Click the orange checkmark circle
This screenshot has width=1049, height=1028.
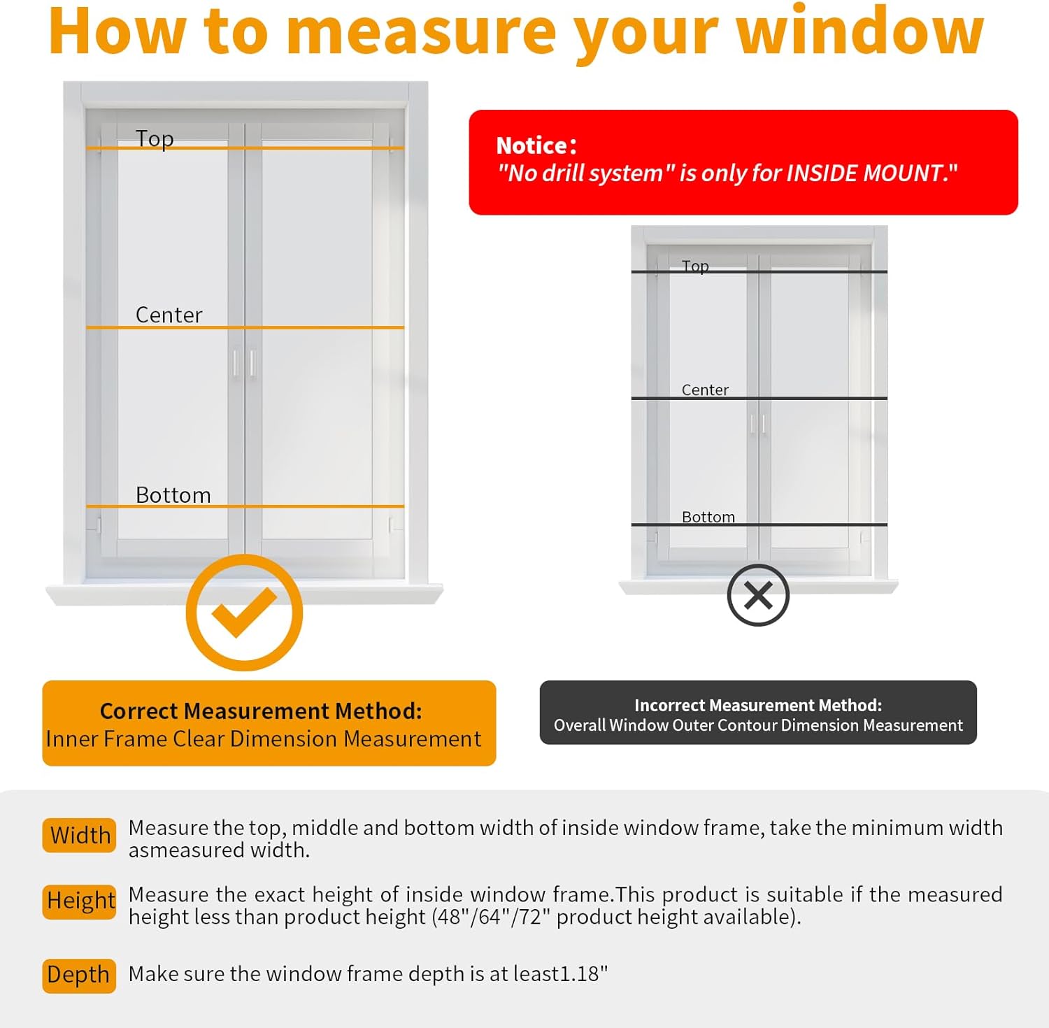pos(244,613)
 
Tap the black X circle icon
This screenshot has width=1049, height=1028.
pos(758,595)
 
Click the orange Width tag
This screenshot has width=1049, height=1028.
pos(80,835)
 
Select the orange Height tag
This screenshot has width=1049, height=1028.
pos(80,901)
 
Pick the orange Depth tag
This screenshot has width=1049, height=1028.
pos(78,975)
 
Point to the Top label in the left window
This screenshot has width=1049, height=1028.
pos(155,138)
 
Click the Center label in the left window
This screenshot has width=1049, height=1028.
pos(169,315)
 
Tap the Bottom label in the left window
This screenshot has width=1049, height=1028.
pos(173,494)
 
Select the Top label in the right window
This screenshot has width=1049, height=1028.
pos(695,266)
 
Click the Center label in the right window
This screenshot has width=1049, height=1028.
pos(705,390)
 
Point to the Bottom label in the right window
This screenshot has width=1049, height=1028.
pos(708,517)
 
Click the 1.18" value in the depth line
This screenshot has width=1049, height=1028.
pos(584,973)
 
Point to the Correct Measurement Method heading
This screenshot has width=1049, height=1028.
pos(261,711)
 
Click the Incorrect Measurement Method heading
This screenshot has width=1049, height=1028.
pos(757,705)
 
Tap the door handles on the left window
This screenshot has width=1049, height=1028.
pos(244,363)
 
